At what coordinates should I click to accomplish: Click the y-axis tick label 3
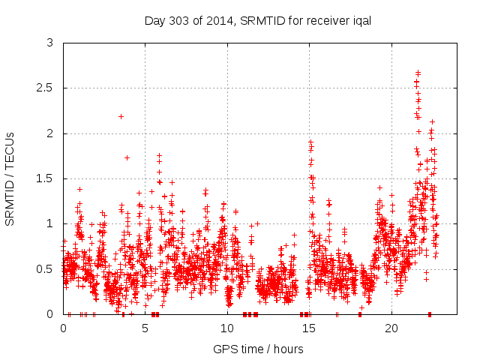[49, 43]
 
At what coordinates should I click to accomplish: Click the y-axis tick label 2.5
[45, 88]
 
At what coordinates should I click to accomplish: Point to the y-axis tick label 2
[49, 133]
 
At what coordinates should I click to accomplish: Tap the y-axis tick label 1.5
[45, 178]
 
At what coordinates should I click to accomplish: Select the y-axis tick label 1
[49, 223]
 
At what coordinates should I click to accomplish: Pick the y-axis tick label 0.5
[45, 268]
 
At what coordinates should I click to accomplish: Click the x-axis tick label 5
[145, 328]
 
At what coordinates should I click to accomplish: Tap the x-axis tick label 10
[227, 328]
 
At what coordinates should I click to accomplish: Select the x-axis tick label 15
[309, 328]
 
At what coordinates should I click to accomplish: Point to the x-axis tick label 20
[391, 328]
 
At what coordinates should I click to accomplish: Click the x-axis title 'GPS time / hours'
[258, 349]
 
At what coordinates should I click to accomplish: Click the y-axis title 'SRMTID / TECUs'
[10, 178]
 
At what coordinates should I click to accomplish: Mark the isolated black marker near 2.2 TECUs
[121, 116]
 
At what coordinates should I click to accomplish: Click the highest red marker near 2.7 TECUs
[418, 72]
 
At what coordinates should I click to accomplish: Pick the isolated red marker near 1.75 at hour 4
[127, 157]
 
